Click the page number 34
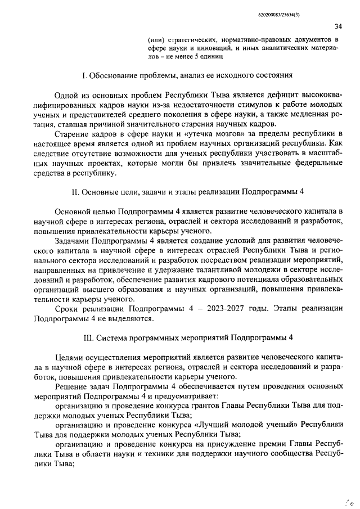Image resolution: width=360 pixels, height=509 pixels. [x=338, y=26]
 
